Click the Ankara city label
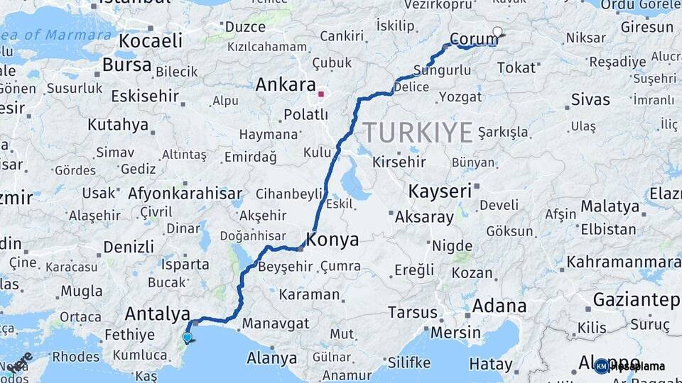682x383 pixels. tap(285, 85)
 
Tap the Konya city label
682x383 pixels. tap(332, 240)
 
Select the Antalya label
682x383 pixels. tap(157, 313)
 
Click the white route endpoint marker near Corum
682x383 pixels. tap(497, 32)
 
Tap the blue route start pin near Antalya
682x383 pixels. tap(187, 338)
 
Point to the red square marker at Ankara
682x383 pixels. tap(321, 93)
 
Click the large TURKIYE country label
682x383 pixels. tap(418, 133)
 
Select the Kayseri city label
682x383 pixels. tap(440, 191)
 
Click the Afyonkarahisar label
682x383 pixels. tap(185, 193)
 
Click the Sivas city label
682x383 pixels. tap(592, 97)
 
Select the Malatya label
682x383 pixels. tap(610, 206)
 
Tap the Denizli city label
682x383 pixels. tap(129, 247)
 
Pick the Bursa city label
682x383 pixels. tap(126, 65)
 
